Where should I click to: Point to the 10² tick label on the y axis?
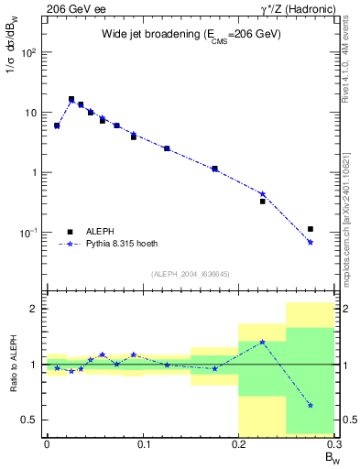(x=30, y=52)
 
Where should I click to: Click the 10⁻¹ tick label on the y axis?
(x=30, y=233)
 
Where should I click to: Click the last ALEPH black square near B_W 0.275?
(x=311, y=229)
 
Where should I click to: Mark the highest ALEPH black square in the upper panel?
(x=71, y=99)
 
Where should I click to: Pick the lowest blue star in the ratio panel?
(x=311, y=405)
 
